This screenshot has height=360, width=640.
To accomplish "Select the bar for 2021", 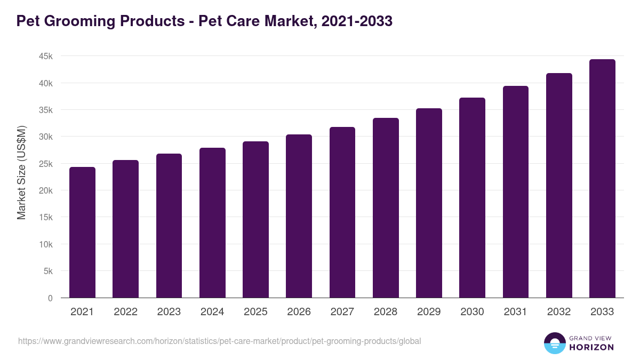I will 82,233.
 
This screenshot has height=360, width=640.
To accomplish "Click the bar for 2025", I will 255,220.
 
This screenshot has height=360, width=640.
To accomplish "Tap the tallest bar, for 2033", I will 602,179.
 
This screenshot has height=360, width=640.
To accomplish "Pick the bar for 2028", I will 386,208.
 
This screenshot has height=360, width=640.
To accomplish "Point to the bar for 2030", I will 472,198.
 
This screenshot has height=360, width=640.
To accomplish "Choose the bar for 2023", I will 169,226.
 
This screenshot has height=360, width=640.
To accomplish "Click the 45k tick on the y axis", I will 45,57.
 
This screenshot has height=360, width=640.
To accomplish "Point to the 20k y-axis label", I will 45,191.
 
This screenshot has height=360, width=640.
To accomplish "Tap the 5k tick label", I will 47,271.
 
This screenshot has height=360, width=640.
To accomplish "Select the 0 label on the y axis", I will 50,298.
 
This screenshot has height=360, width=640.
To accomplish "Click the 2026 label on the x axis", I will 299,312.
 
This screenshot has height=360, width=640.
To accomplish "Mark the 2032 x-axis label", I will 559,312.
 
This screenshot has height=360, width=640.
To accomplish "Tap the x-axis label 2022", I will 125,312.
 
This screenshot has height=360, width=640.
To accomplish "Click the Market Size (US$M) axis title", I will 21,173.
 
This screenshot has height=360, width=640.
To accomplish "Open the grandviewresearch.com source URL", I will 219,341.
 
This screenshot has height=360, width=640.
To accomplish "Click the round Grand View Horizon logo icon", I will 554,343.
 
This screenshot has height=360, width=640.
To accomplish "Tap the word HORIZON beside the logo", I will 591,347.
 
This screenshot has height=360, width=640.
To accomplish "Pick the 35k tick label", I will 45,110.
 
